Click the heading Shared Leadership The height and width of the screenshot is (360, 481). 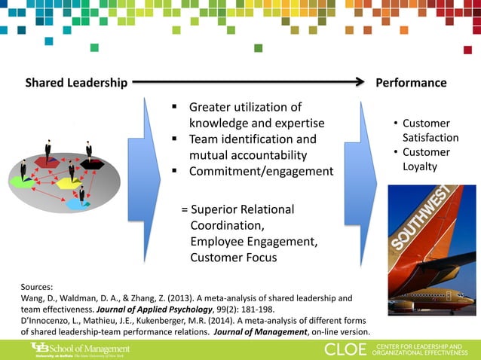point(69,83)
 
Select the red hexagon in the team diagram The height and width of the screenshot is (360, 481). point(47,160)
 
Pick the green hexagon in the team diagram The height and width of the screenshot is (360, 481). point(23,181)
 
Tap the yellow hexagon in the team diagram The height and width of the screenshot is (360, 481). point(69,183)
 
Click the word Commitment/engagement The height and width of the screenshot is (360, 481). point(261,171)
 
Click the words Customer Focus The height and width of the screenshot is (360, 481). point(234,258)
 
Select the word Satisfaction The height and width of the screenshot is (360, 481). point(430,138)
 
